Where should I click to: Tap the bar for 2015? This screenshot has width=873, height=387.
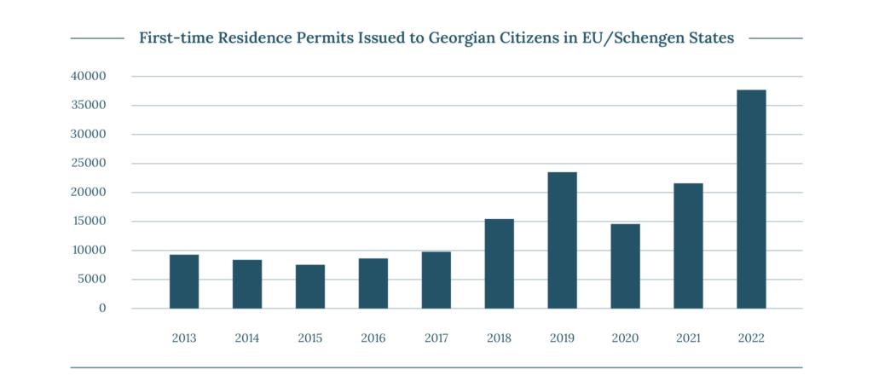(x=309, y=286)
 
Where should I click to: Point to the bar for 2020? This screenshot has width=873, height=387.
(x=625, y=266)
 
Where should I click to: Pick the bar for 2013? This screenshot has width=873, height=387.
(x=184, y=281)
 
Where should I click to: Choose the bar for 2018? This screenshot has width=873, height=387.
(x=499, y=263)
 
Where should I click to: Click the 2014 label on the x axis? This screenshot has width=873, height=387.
(x=247, y=338)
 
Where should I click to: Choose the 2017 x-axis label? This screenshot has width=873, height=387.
(x=436, y=338)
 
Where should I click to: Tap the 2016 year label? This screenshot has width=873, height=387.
(x=373, y=338)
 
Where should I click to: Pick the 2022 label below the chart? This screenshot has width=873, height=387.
(x=751, y=338)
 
